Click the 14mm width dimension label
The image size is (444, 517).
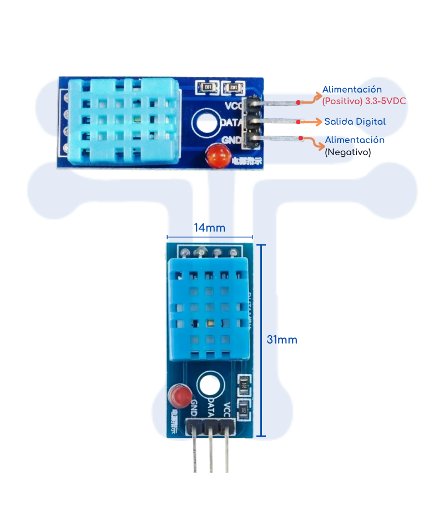click(209, 227)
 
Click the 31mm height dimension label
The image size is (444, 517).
click(281, 340)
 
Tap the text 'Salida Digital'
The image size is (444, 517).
click(355, 121)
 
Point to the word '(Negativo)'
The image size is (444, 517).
click(347, 151)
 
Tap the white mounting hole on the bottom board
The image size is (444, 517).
click(210, 386)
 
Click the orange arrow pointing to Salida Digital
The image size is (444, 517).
click(311, 121)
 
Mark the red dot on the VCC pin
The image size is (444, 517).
click(298, 102)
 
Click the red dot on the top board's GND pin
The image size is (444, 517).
click(300, 138)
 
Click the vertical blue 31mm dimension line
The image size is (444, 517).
click(263, 340)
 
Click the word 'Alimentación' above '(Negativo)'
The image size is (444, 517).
click(355, 140)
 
